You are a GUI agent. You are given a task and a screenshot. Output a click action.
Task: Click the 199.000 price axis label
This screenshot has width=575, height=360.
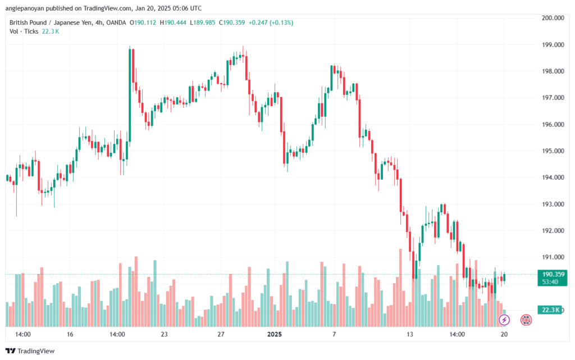tap(553, 45)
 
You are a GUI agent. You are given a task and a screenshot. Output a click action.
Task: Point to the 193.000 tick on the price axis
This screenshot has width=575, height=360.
tap(553, 204)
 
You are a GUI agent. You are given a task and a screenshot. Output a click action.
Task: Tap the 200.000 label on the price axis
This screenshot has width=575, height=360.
tap(553, 18)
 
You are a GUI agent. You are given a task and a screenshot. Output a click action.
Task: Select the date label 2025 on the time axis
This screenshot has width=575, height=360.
tap(274, 334)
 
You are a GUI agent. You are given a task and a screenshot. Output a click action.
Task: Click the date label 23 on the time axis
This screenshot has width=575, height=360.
tap(165, 334)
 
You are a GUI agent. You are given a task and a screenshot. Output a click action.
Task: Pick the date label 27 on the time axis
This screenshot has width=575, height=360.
tap(221, 334)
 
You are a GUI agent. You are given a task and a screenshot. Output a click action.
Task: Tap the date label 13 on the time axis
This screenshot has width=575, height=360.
tap(409, 334)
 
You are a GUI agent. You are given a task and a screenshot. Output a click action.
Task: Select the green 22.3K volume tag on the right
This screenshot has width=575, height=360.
tap(550, 310)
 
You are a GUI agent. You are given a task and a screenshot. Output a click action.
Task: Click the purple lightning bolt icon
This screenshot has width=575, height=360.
tap(504, 320)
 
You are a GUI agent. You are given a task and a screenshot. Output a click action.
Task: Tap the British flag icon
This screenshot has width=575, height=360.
tap(526, 320)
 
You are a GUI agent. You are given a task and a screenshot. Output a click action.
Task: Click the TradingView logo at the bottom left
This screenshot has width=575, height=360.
tap(30, 351)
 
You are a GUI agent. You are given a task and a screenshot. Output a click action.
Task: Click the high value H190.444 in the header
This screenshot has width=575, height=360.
tap(173, 22)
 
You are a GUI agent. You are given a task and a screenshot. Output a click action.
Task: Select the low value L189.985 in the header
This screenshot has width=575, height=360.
tap(202, 22)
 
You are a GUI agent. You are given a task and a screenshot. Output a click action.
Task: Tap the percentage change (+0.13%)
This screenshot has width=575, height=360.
tap(281, 22)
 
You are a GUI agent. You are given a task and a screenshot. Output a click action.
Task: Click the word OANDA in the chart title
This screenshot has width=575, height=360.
tap(116, 22)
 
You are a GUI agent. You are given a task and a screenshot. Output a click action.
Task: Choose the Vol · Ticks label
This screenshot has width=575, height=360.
tap(24, 31)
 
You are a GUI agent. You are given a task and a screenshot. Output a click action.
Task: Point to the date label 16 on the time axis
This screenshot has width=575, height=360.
tap(70, 334)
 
